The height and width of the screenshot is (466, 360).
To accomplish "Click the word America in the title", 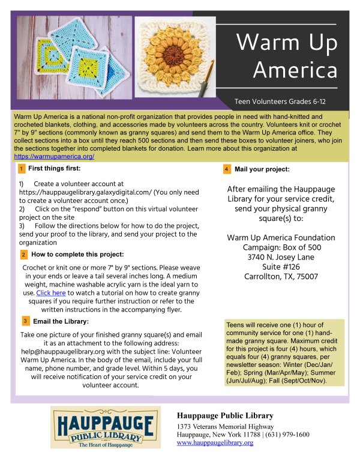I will pyautogui.click(x=295, y=70).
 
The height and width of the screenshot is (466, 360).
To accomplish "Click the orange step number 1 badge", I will pyautogui.click(x=22, y=169).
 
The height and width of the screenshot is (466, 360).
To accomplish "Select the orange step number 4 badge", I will pyautogui.click(x=226, y=169).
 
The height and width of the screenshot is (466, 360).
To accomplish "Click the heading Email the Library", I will pyautogui.click(x=59, y=321).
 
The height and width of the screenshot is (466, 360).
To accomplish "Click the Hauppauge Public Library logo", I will pyautogui.click(x=106, y=428).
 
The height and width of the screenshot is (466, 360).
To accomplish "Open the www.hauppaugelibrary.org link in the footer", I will pyautogui.click(x=215, y=443).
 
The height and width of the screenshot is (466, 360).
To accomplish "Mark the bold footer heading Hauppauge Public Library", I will pyautogui.click(x=225, y=416).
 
